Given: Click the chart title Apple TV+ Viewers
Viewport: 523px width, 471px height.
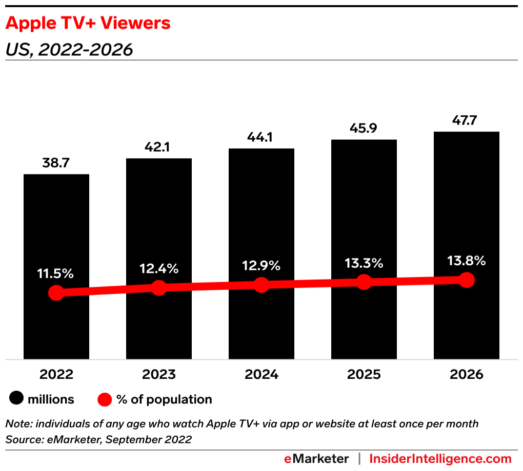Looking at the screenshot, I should point(88,23).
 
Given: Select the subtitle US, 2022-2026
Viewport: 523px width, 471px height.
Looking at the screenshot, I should point(69,50).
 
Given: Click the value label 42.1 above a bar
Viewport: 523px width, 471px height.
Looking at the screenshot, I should point(159,147).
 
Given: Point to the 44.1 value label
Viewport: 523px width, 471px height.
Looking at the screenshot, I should point(261,138).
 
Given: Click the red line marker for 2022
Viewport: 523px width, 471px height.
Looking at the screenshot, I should point(56,293).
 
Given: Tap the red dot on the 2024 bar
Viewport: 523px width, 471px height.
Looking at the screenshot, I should point(261,285).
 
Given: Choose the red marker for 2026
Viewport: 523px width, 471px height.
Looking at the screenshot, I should point(466,280).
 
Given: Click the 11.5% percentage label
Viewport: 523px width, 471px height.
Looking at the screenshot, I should point(55,273).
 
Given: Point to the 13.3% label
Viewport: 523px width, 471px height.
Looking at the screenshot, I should point(364,263).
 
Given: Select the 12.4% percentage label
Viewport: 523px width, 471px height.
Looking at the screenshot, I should point(159,268).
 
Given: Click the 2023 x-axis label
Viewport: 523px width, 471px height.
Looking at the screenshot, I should point(159,374).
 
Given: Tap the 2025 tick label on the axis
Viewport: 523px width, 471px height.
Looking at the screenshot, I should point(364,374).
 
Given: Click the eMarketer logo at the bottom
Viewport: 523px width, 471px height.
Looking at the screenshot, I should point(316,458).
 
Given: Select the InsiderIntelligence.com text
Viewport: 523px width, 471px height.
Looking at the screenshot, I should point(440,458).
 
